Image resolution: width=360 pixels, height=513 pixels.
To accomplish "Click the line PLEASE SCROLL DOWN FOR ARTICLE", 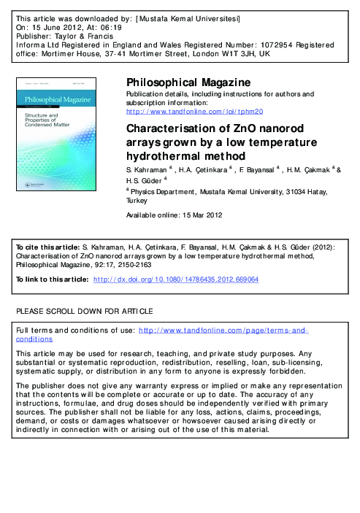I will tap(84, 311).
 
